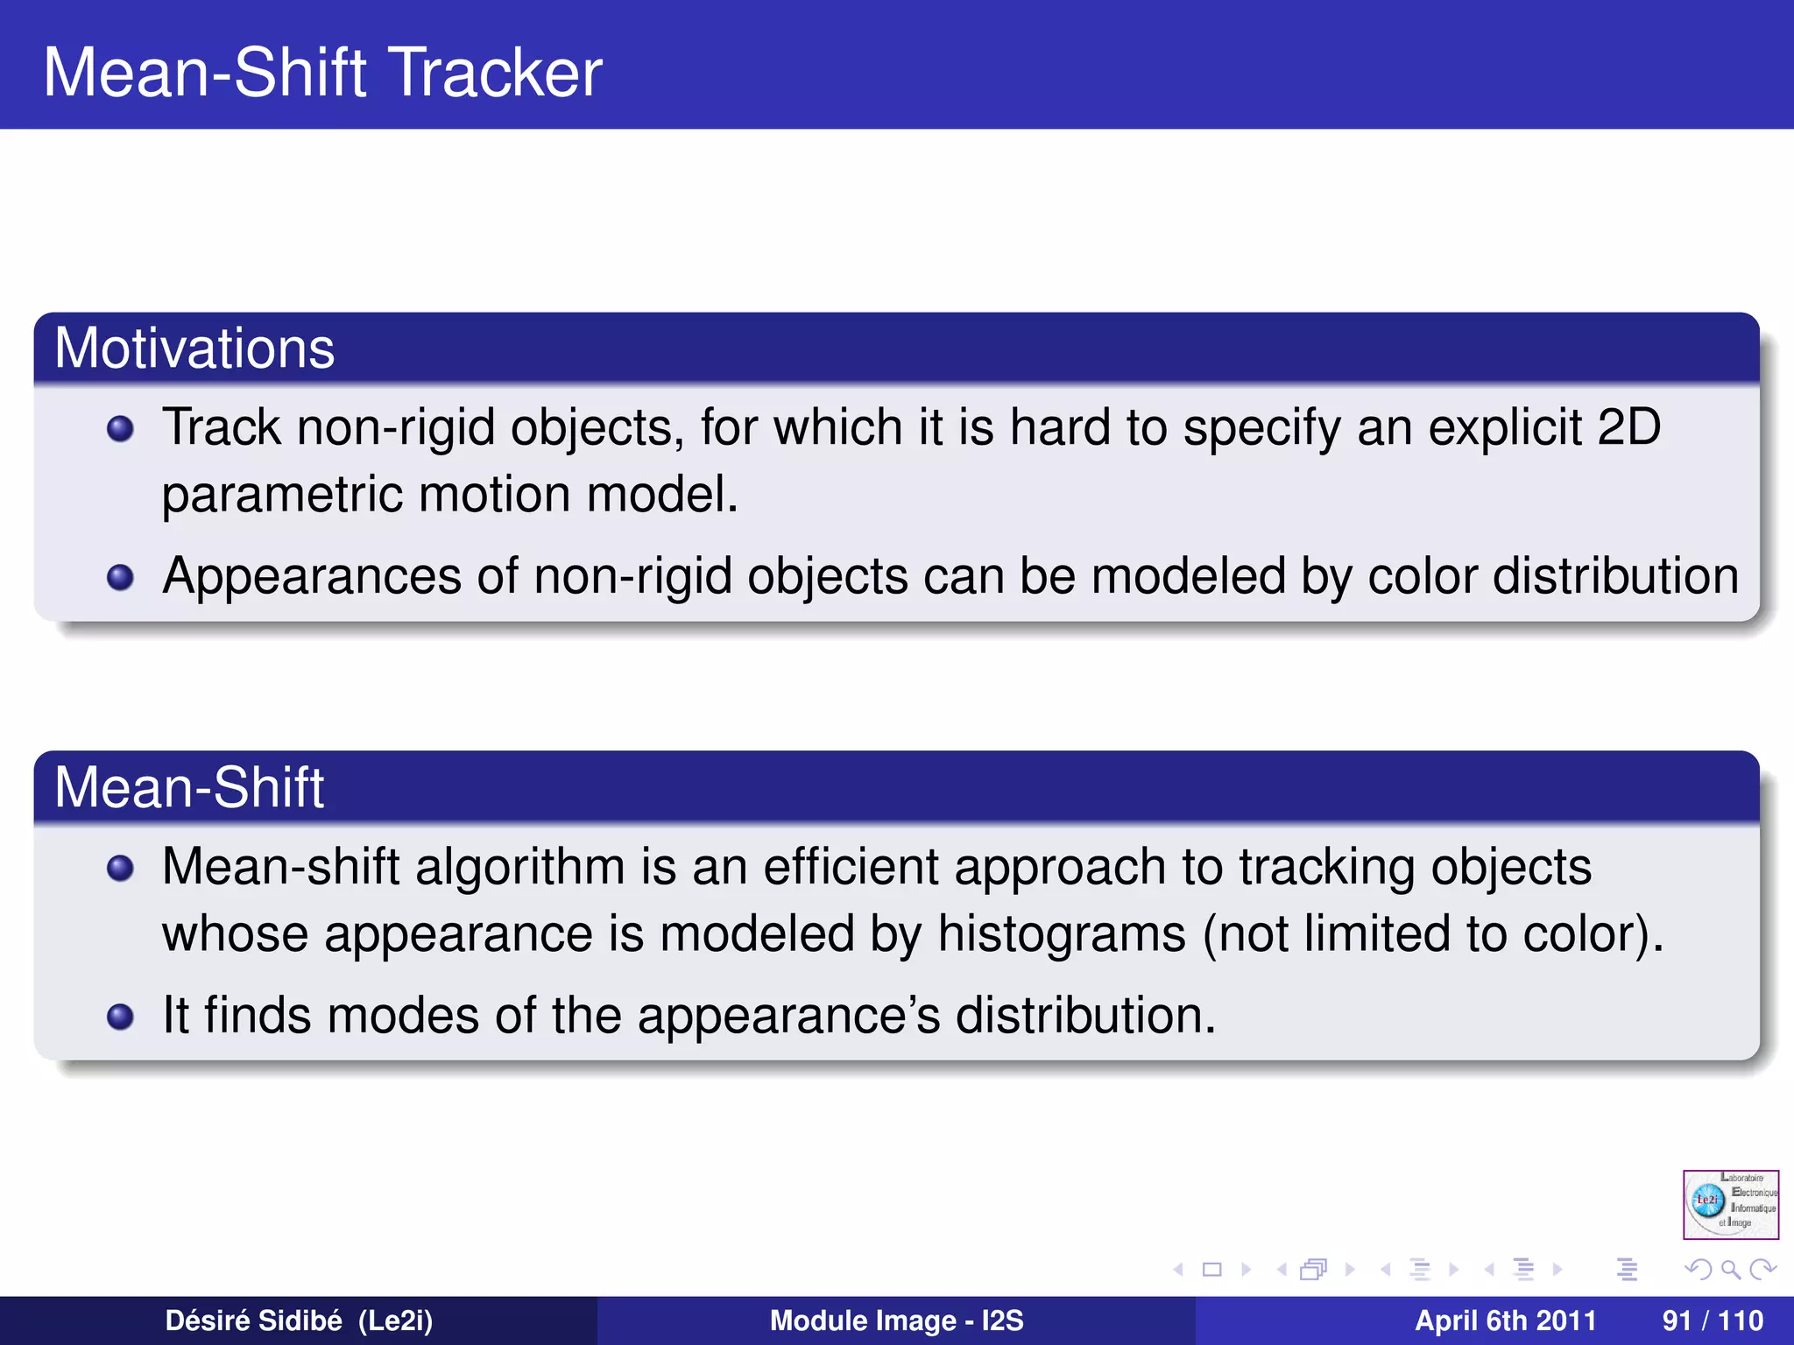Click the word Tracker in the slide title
(x=496, y=72)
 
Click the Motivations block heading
(x=194, y=349)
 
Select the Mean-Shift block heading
(x=189, y=787)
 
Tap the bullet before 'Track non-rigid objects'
(x=120, y=429)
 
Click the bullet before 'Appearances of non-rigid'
(x=120, y=578)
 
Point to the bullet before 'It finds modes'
(x=120, y=1017)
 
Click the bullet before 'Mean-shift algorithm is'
(x=120, y=868)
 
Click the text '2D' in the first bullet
(x=1628, y=427)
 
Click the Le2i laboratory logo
(x=1730, y=1204)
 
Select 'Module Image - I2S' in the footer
(x=896, y=1320)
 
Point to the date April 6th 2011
(x=1505, y=1320)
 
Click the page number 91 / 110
(x=1712, y=1320)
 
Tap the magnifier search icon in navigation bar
(x=1730, y=1269)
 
